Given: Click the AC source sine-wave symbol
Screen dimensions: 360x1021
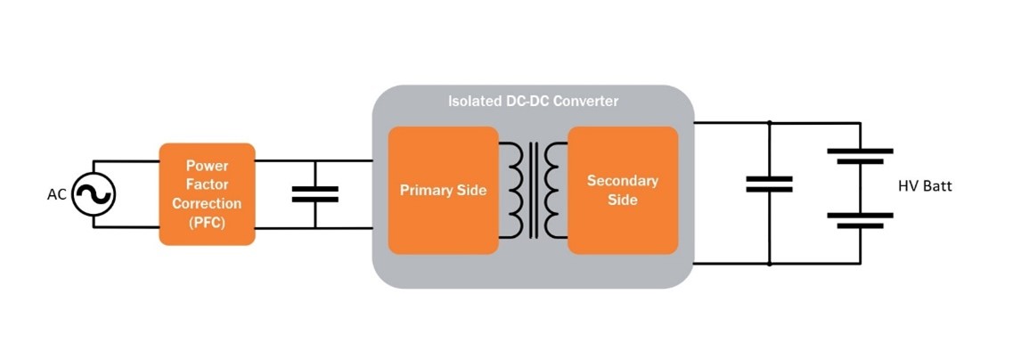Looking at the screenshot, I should [94, 194].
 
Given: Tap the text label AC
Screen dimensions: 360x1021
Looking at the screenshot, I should [57, 194].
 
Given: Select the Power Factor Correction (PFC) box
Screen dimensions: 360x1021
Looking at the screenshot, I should [207, 193].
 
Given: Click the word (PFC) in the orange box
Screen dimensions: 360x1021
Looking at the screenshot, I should [207, 223].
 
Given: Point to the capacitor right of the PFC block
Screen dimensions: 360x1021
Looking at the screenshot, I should [314, 194].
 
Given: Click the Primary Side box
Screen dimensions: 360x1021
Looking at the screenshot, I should [443, 191].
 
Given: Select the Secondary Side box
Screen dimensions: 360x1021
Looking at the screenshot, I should [623, 191].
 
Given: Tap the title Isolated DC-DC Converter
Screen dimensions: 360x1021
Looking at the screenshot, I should [533, 102].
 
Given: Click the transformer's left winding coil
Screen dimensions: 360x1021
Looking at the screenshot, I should [513, 190].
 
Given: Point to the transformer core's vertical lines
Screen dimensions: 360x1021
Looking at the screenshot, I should [534, 190].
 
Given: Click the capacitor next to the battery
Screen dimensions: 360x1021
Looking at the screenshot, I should [769, 184].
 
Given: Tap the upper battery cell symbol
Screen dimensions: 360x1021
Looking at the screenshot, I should [860, 155].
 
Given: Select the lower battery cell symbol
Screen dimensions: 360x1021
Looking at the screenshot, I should [860, 219].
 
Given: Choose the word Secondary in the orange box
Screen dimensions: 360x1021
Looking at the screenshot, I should [623, 181].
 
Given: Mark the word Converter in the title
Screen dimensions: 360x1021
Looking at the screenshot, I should [585, 102].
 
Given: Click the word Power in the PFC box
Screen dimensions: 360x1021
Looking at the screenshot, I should [207, 166].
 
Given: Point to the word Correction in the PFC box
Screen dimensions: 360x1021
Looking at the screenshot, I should [207, 204].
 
